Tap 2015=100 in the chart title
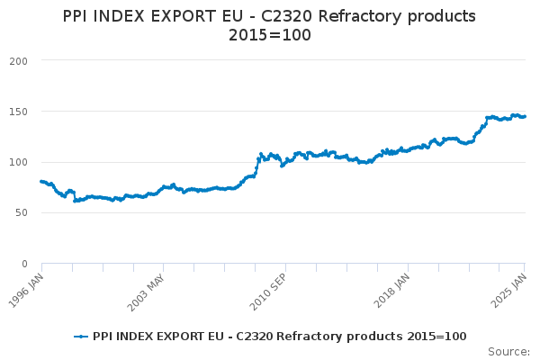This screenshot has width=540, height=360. (x=270, y=36)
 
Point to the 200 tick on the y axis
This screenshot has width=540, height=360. (x=18, y=61)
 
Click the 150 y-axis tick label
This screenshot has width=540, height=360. (x=18, y=112)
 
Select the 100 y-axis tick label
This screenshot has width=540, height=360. (x=18, y=162)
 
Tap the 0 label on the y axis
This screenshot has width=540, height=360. (x=25, y=264)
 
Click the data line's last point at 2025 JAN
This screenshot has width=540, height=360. (x=525, y=116)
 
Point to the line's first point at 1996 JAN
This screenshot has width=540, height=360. (x=41, y=182)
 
